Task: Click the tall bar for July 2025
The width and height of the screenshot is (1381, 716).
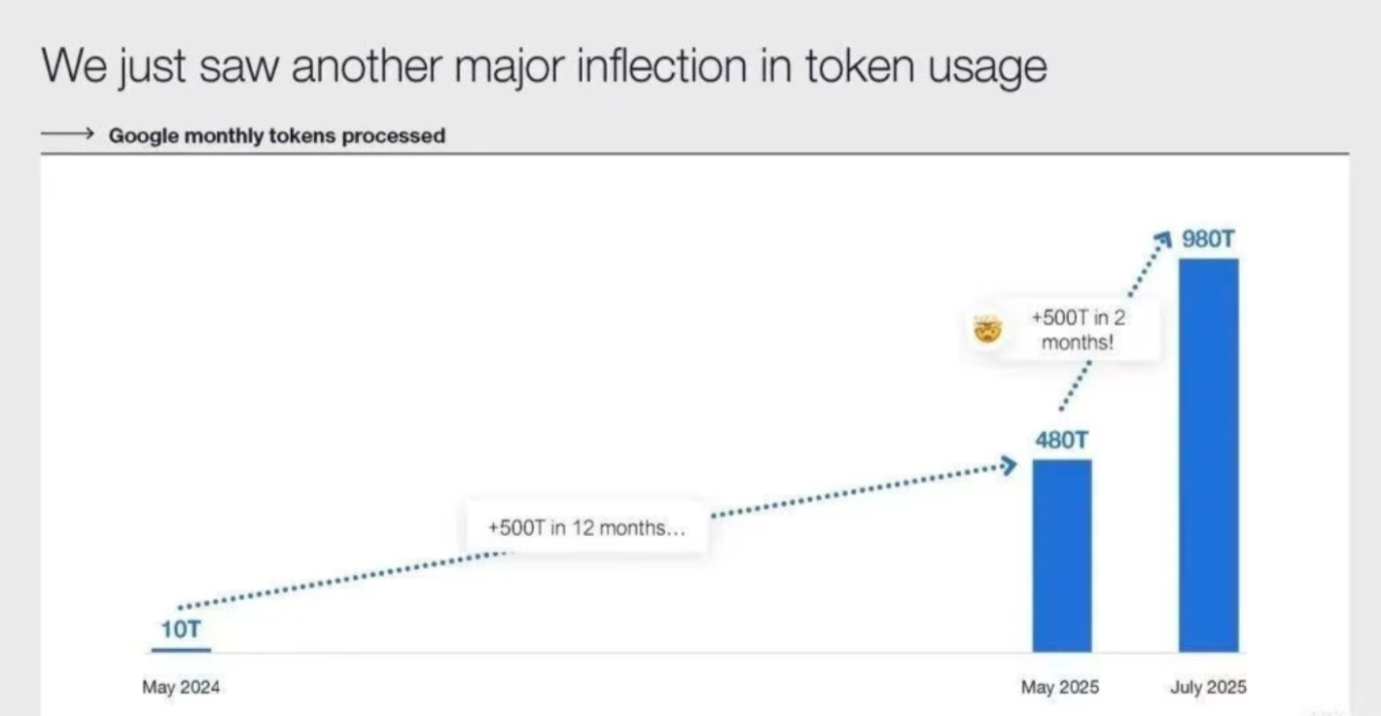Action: tap(1208, 455)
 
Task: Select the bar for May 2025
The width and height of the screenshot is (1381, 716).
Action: tap(1062, 555)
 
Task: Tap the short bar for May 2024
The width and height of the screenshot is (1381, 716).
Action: tap(181, 650)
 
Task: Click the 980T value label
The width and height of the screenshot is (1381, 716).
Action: tap(1208, 238)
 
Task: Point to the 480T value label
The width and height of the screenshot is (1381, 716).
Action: tap(1062, 440)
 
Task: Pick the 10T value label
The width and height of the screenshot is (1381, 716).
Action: tap(181, 629)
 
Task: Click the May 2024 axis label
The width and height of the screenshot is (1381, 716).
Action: tap(181, 687)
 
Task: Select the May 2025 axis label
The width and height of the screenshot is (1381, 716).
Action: tap(1060, 687)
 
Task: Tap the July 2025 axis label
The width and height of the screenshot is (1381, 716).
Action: tap(1208, 687)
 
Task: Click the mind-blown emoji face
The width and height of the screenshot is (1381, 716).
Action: tap(988, 330)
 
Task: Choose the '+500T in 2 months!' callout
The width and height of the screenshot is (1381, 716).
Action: tap(1078, 330)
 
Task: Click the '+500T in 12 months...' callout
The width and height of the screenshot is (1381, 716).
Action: tap(586, 528)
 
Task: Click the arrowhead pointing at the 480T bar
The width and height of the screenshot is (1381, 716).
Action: tap(1009, 466)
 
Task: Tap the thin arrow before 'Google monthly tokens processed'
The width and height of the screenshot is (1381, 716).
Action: tap(67, 132)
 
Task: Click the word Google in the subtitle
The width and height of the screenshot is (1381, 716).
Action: tap(144, 135)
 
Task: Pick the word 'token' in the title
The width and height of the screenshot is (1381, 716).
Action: tap(860, 65)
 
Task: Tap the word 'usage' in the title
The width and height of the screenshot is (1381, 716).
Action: tap(987, 69)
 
